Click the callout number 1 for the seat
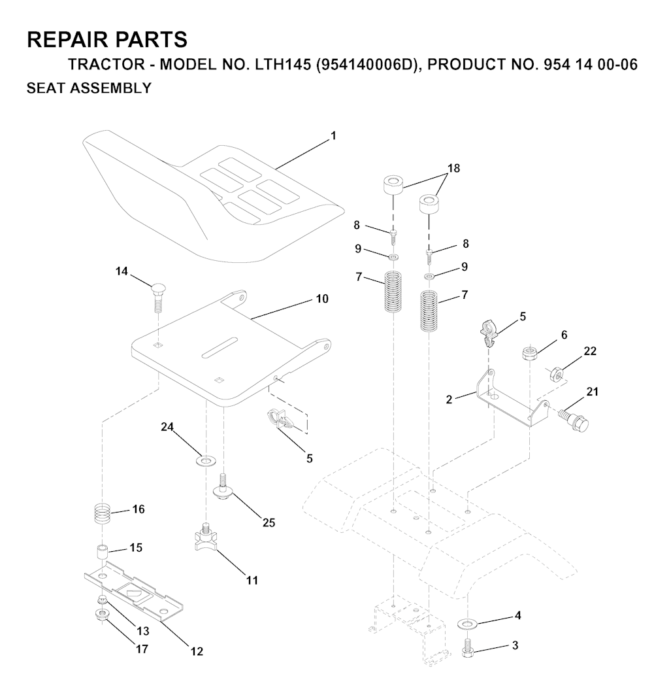point(333,135)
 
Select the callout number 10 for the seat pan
point(322,299)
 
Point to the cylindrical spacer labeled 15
point(103,552)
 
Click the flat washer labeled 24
point(204,460)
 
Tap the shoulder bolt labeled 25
point(223,486)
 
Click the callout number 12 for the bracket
point(197,651)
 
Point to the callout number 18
point(453,168)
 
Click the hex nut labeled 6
point(529,353)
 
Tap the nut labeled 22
point(557,373)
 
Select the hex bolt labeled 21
point(574,418)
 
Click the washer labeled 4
point(466,624)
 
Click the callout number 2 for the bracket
point(449,399)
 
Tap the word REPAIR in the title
point(62,40)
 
